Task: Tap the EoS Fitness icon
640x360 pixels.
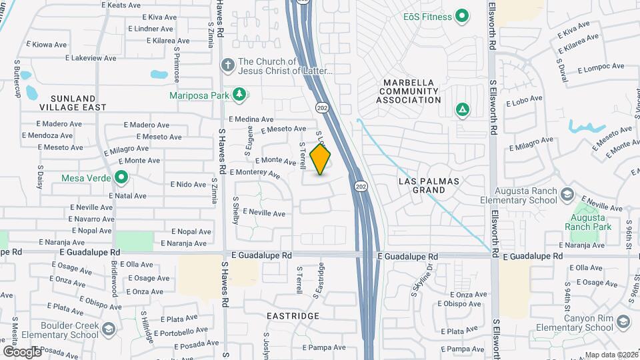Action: (461, 17)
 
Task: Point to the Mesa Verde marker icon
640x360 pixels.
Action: (121, 178)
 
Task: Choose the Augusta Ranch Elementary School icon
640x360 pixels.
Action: (567, 195)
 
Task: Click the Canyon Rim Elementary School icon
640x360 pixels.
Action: (623, 322)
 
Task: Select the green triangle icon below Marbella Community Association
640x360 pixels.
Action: (461, 109)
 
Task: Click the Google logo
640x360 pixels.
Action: (22, 351)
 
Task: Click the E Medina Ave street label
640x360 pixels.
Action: (251, 119)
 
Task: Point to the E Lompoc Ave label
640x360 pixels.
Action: (601, 68)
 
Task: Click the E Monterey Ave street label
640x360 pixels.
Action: (255, 173)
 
